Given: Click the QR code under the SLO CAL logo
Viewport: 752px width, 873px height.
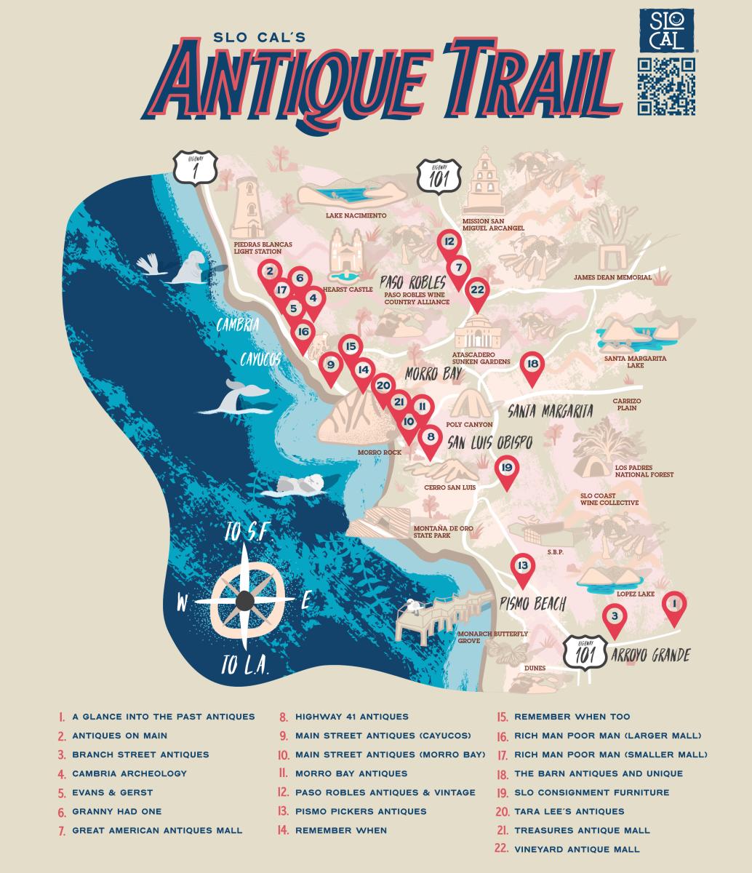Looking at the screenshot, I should click(x=666, y=87).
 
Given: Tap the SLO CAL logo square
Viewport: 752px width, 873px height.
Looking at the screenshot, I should click(x=666, y=31).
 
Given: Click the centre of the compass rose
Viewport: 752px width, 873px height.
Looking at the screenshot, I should click(x=245, y=600).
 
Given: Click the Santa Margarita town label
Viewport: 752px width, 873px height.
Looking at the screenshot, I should click(x=550, y=411).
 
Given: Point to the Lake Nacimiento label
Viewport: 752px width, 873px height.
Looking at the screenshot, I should click(x=356, y=216).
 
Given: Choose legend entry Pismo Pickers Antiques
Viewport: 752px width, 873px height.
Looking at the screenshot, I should click(x=360, y=811).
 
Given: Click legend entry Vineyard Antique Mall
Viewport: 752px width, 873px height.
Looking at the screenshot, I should click(x=576, y=849).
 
